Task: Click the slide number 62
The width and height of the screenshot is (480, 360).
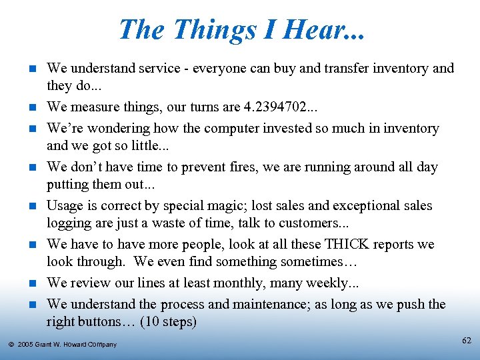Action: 467,341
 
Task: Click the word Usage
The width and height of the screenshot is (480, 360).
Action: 65,205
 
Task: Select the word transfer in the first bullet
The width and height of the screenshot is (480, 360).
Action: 313,68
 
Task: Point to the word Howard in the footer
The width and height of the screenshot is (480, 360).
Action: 75,345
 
